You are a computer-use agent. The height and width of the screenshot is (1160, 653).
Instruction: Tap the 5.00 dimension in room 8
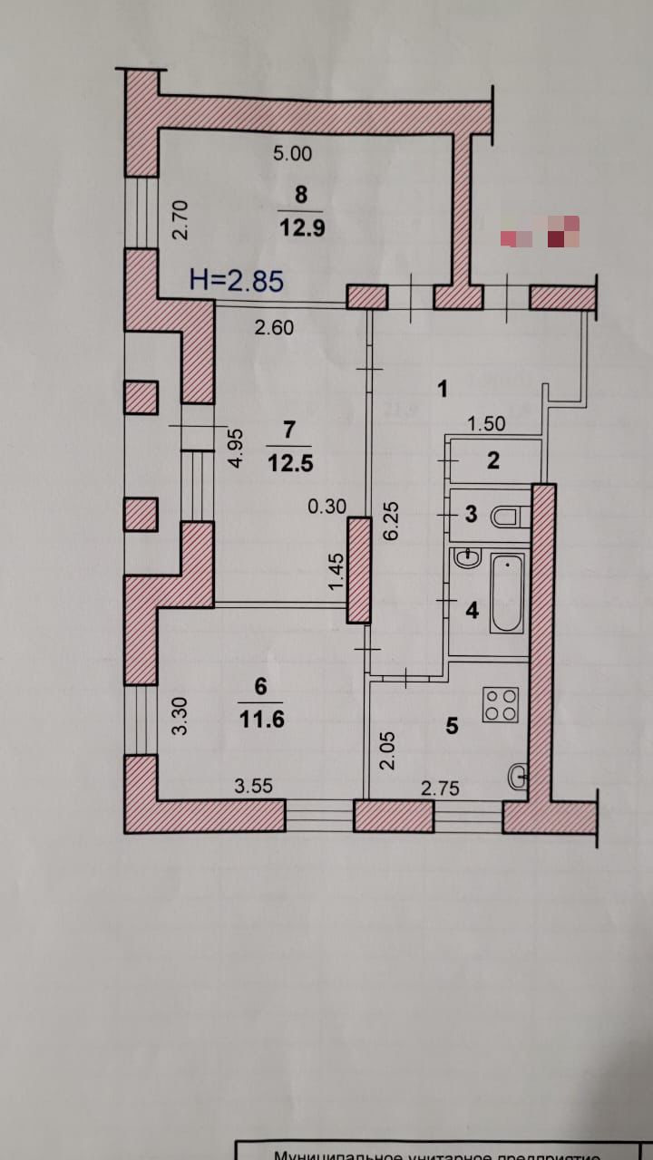pyautogui.click(x=292, y=154)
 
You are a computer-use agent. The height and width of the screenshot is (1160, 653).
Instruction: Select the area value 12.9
pyautogui.click(x=301, y=227)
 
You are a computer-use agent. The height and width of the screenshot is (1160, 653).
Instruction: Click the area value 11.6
pyautogui.click(x=261, y=719)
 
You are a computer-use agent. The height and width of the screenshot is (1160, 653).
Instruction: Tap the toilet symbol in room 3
pyautogui.click(x=506, y=517)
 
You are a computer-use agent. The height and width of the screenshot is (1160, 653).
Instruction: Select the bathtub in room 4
pyautogui.click(x=506, y=594)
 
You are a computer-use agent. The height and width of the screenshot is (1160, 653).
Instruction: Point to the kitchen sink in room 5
pyautogui.click(x=519, y=776)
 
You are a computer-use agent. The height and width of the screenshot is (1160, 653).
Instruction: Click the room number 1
pyautogui.click(x=443, y=391)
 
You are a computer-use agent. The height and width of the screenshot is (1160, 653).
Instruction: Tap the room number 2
pyautogui.click(x=492, y=460)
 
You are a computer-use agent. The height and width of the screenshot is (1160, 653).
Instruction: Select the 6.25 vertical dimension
pyautogui.click(x=392, y=520)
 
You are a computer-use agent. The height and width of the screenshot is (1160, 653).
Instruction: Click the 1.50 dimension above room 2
pyautogui.click(x=486, y=423)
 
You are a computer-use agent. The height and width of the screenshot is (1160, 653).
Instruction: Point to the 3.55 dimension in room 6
pyautogui.click(x=254, y=788)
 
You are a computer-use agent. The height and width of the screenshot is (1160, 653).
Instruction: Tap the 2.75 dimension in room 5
pyautogui.click(x=440, y=789)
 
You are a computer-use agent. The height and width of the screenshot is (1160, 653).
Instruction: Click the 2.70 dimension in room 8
pyautogui.click(x=180, y=219)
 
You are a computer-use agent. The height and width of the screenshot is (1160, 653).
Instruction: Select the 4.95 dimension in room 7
pyautogui.click(x=236, y=448)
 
